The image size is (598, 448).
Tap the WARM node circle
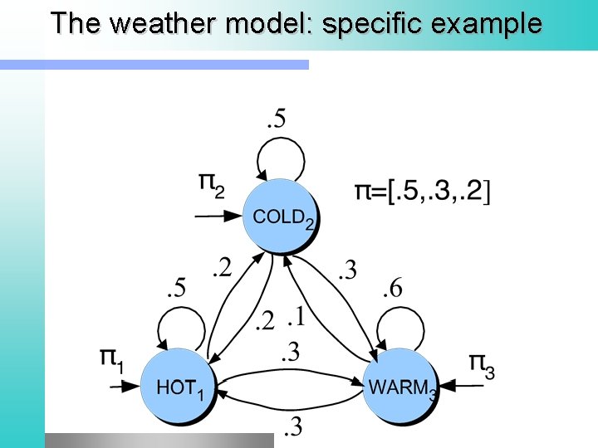point(399,387)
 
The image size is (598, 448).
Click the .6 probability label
point(392,290)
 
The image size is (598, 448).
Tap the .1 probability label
point(296,317)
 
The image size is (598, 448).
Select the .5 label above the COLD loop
point(276,119)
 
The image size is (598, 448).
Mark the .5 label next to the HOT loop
point(176,290)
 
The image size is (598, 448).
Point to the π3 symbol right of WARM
point(481,365)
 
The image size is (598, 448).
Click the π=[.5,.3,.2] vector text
point(423,192)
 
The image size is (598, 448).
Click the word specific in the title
point(374,23)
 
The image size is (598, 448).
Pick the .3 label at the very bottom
point(292,428)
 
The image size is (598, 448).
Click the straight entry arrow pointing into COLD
point(218,217)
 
